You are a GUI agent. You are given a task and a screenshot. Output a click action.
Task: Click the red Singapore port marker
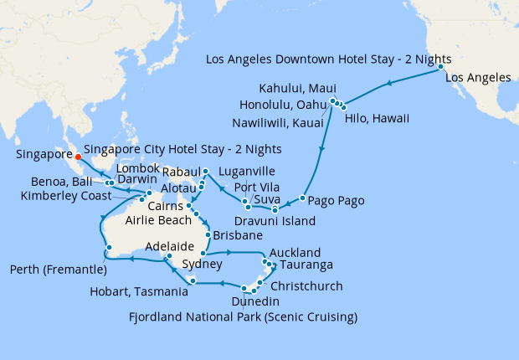(78, 157)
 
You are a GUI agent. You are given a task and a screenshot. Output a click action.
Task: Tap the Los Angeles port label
(478, 78)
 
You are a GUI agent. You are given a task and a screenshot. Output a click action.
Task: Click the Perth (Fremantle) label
(55, 270)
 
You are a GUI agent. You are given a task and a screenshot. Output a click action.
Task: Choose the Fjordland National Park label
(243, 316)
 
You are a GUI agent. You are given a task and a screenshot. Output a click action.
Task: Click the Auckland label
(294, 252)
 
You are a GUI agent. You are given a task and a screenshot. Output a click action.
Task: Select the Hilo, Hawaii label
(377, 119)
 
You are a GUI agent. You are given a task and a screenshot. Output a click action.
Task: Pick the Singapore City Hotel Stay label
(182, 149)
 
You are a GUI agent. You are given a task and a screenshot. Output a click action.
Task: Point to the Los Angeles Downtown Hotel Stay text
(328, 59)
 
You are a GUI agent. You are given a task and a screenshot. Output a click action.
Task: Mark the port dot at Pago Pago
(302, 202)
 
